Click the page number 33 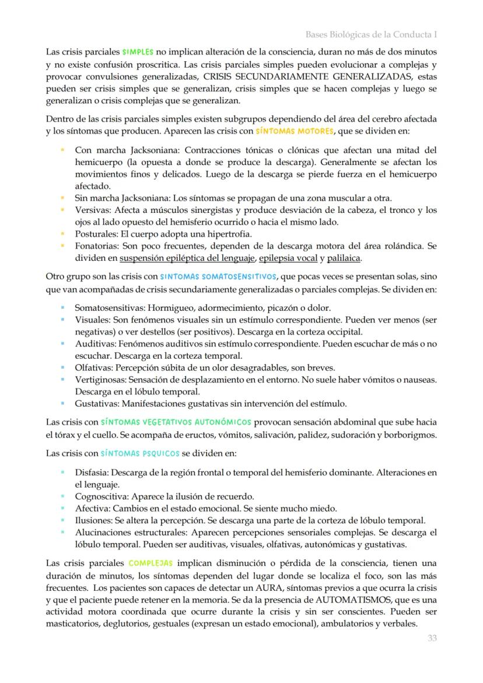tap(431, 638)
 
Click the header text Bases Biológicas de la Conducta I tap(371, 34)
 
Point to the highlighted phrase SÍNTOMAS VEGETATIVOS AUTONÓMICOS tap(176, 421)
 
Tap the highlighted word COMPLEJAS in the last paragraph tap(150, 563)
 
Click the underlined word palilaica tap(344, 258)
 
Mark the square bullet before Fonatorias tap(62, 246)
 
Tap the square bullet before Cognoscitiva tap(62, 496)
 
